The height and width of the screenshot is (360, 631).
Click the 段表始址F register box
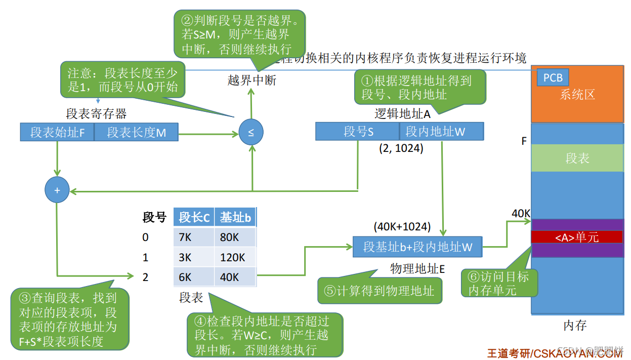57,133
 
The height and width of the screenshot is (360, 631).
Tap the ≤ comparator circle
251,133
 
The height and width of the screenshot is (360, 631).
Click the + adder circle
57,190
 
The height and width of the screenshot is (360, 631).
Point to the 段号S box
357,132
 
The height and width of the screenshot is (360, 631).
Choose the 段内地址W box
441,132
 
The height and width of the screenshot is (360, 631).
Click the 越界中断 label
252,81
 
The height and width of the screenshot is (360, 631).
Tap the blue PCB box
553,78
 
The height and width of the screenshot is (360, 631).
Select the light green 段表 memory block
577,158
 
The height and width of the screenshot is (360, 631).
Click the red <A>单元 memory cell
577,237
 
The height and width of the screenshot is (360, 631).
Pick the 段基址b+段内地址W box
417,247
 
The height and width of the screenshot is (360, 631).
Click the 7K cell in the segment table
193,237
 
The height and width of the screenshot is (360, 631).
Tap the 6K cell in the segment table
193,277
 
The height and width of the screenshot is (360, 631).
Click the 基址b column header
235,217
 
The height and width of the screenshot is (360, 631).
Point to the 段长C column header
193,217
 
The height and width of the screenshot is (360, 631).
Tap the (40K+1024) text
402,226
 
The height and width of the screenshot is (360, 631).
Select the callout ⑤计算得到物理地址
378,291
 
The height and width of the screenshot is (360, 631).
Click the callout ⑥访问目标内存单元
498,283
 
